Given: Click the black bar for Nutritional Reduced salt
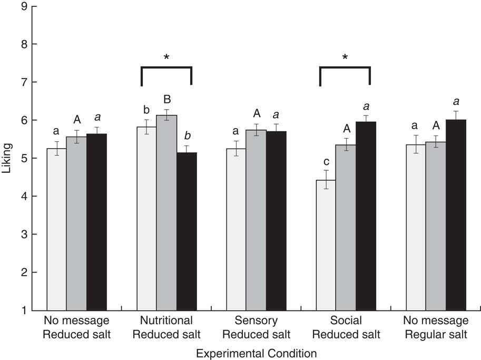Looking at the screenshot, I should (186, 231).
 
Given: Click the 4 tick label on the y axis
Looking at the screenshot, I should (25, 196).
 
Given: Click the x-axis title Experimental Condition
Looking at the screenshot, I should (256, 353).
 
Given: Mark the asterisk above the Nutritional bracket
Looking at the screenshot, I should (166, 57).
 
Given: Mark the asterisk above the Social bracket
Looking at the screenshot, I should (345, 57).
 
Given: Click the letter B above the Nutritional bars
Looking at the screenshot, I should (166, 100).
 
